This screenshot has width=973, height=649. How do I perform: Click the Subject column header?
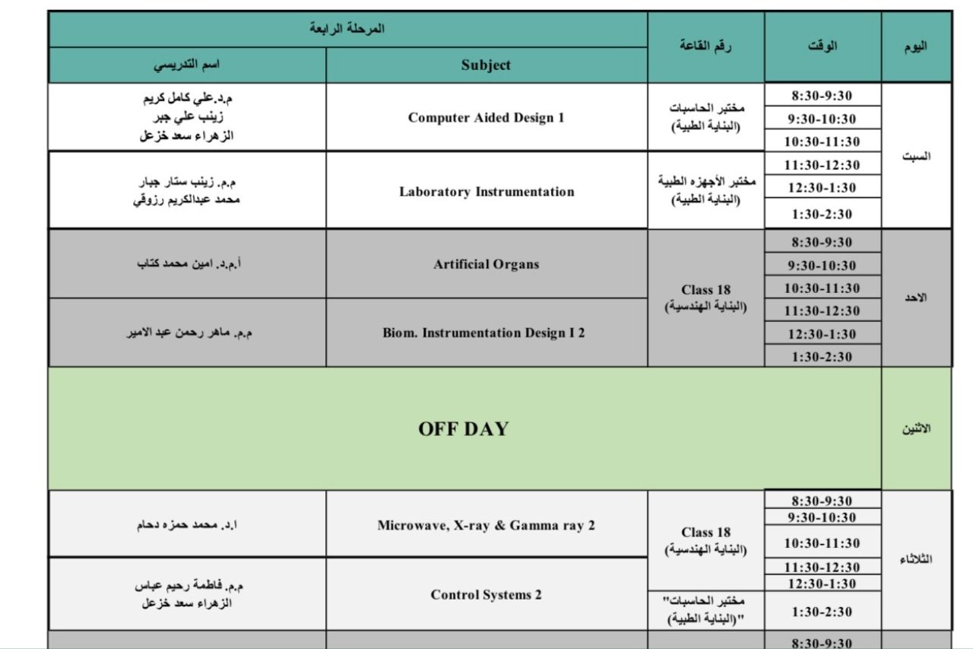pyautogui.click(x=486, y=65)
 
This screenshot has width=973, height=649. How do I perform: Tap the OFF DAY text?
pyautogui.click(x=463, y=429)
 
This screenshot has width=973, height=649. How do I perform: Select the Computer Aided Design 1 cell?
pyautogui.click(x=486, y=118)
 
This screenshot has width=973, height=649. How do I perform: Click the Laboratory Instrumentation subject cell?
pyautogui.click(x=486, y=192)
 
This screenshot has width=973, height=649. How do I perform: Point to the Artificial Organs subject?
pyautogui.click(x=486, y=265)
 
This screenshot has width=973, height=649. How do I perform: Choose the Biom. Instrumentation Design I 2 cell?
pyautogui.click(x=484, y=333)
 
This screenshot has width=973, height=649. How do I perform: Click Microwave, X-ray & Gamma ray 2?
pyautogui.click(x=486, y=526)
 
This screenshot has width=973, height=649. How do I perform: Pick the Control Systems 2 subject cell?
pyautogui.click(x=486, y=595)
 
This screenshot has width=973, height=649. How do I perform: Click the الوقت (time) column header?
pyautogui.click(x=822, y=46)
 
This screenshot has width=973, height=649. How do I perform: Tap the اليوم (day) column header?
pyautogui.click(x=916, y=46)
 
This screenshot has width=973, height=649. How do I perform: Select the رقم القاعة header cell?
pyautogui.click(x=705, y=46)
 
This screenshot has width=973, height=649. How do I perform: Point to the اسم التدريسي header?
pyautogui.click(x=187, y=65)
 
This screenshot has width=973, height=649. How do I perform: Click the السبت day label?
pyautogui.click(x=916, y=156)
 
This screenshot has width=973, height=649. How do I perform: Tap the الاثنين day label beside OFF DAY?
pyautogui.click(x=916, y=428)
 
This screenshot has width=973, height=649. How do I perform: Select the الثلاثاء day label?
pyautogui.click(x=916, y=560)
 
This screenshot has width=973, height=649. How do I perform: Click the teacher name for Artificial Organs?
pyautogui.click(x=187, y=265)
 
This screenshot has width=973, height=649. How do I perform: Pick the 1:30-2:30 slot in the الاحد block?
pyautogui.click(x=822, y=357)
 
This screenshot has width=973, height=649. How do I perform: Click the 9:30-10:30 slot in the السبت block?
pyautogui.click(x=822, y=119)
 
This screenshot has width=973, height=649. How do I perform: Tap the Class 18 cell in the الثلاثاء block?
pyautogui.click(x=706, y=539)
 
